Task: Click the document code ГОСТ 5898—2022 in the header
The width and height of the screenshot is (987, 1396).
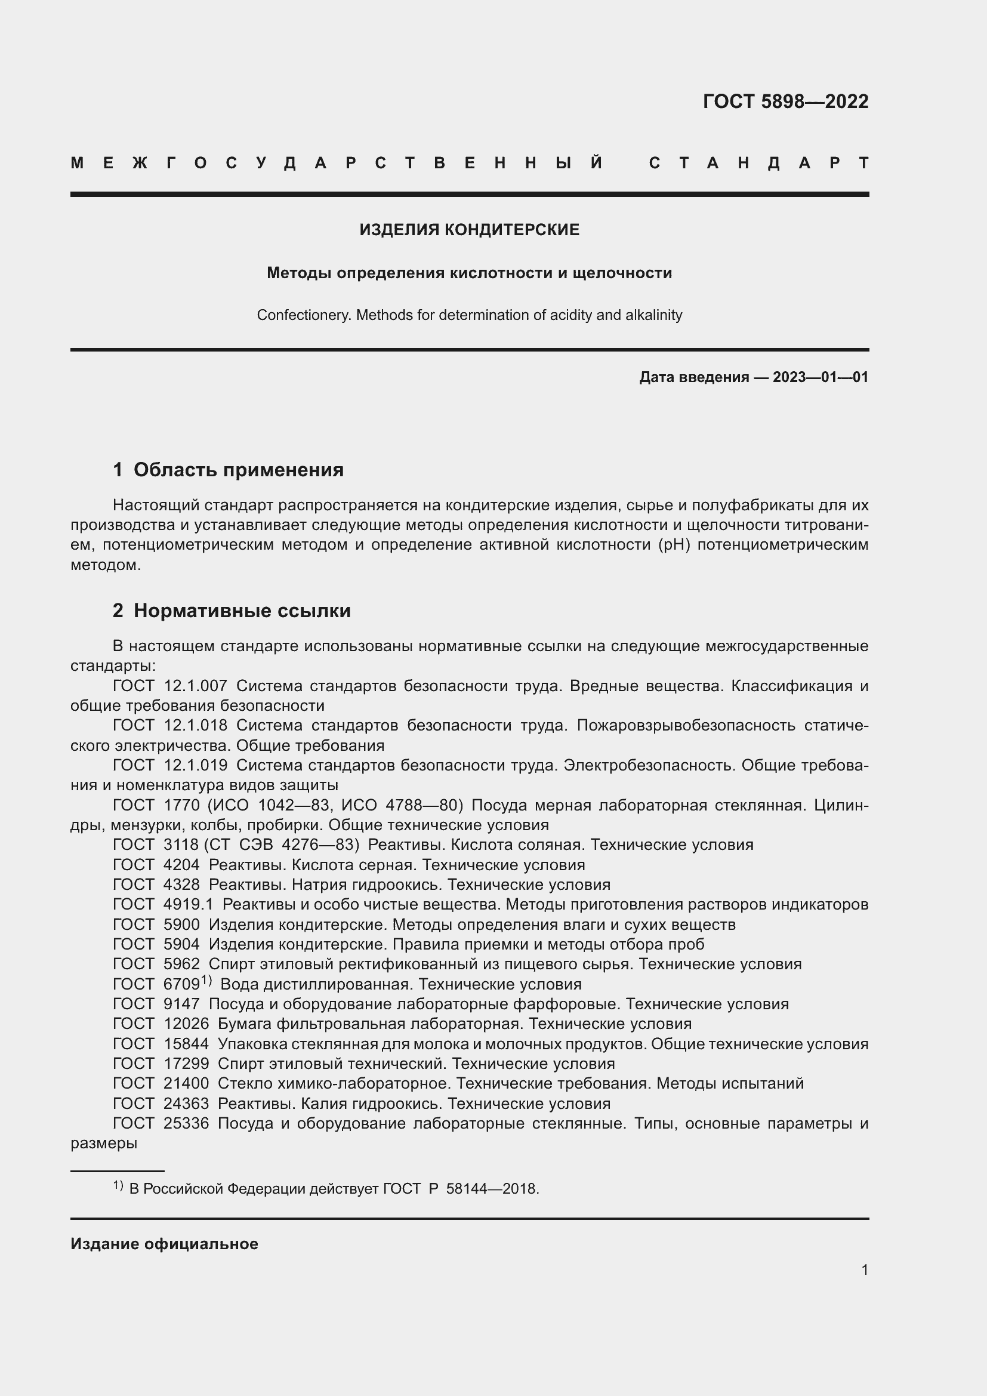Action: [x=785, y=101]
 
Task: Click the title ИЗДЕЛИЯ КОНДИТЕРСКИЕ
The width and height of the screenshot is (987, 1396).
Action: [x=469, y=230]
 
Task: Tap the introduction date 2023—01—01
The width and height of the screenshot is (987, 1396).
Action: [x=820, y=378]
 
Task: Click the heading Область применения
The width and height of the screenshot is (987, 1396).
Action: [x=238, y=470]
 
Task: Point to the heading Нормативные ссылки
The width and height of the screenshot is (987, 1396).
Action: [x=242, y=611]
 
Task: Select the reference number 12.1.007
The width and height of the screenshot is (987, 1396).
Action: [x=196, y=686]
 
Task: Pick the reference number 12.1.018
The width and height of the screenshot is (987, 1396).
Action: [x=196, y=726]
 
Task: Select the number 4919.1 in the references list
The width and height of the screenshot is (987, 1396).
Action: [x=189, y=905]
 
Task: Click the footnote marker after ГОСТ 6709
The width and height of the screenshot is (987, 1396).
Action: [x=206, y=980]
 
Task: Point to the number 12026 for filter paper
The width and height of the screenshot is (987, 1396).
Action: [x=186, y=1024]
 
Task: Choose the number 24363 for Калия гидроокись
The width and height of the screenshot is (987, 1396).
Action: [x=186, y=1104]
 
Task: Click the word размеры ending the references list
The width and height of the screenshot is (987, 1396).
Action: [x=104, y=1144]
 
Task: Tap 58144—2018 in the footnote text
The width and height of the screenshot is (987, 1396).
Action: [x=492, y=1189]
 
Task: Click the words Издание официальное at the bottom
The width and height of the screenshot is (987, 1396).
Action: [x=164, y=1244]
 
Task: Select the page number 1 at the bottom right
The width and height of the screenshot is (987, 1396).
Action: [x=864, y=1269]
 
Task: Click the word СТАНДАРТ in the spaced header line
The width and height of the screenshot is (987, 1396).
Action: [x=758, y=163]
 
